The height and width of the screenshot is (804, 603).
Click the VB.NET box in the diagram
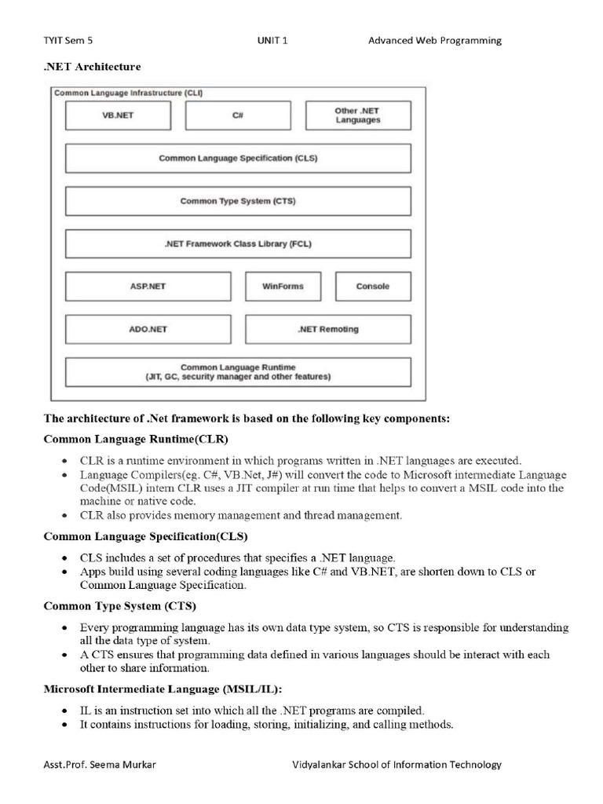pos(117,115)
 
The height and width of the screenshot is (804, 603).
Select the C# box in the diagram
pos(237,115)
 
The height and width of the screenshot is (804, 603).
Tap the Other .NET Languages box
pos(357,115)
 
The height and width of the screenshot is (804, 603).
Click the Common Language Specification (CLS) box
pos(238,158)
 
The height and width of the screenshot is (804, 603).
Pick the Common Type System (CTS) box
pos(238,201)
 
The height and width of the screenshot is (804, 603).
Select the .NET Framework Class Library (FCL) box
pos(238,244)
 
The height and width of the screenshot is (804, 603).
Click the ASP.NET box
pos(148,287)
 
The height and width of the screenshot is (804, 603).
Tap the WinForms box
pos(283,287)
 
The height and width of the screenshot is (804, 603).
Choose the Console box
pos(372,287)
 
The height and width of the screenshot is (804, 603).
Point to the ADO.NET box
pos(148,330)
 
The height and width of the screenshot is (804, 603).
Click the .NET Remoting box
pos(327,330)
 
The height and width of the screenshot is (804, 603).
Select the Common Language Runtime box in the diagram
pos(238,372)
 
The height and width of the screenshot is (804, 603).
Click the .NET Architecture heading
pos(92,67)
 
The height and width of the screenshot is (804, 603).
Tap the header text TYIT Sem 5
pos(73,40)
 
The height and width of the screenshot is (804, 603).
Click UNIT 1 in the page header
pos(272,40)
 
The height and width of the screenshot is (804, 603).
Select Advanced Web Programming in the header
pos(434,40)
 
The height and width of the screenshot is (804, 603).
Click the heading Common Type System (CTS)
pos(120,606)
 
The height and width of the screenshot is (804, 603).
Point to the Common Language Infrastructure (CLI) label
pos(128,93)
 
